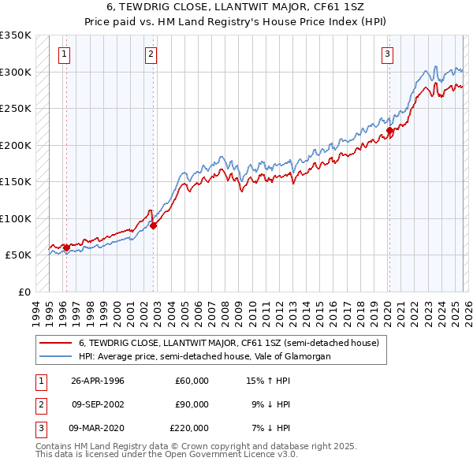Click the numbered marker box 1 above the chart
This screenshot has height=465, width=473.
[64, 54]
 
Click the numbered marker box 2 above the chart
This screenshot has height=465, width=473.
[151, 54]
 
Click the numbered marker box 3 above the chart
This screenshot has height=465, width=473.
[388, 54]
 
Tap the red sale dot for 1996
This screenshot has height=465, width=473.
[66, 248]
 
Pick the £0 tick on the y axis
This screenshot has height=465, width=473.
[24, 292]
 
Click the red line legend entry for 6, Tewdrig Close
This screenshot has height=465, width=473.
[229, 343]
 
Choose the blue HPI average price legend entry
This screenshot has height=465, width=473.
[204, 356]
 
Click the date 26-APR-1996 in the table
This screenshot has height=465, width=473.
[98, 381]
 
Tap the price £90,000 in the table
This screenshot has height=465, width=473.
[192, 404]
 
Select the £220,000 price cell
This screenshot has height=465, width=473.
[189, 428]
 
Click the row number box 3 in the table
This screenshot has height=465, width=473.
[39, 428]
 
